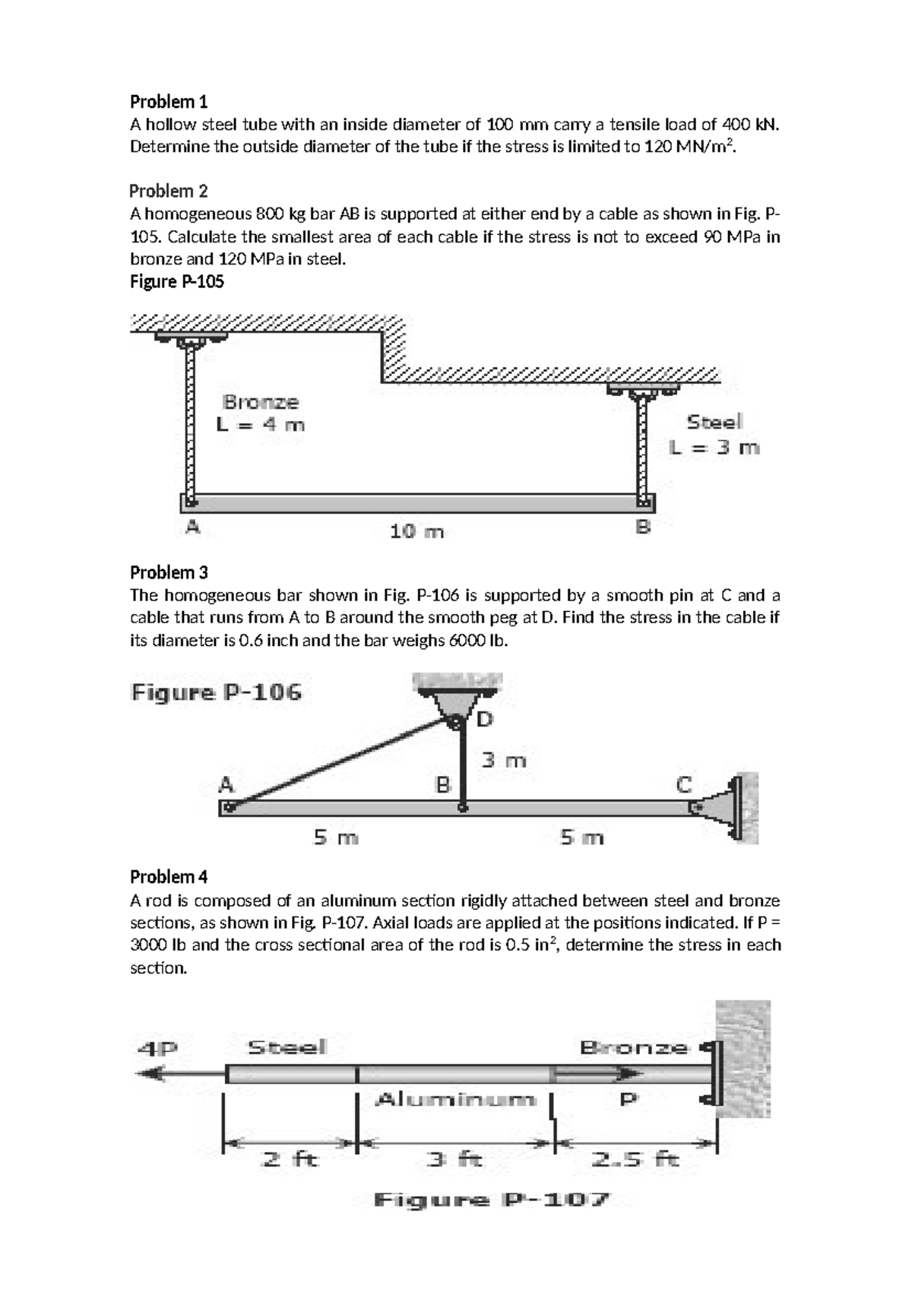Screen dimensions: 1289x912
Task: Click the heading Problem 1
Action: (168, 101)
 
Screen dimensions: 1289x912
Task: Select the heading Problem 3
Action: (168, 572)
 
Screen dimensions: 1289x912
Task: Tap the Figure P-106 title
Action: (216, 692)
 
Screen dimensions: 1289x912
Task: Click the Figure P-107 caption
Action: (492, 1200)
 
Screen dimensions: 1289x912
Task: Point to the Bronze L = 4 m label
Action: (261, 413)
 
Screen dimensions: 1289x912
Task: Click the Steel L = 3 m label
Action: (714, 434)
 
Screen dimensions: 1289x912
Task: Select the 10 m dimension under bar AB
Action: (416, 532)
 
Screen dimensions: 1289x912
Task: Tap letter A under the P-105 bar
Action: (193, 526)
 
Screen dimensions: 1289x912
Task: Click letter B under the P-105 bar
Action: (643, 526)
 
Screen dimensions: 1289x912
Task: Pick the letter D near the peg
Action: (485, 719)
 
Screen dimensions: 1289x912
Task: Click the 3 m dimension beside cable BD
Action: (504, 760)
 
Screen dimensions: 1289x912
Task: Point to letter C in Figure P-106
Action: (684, 784)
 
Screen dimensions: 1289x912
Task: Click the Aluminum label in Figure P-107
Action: (455, 1099)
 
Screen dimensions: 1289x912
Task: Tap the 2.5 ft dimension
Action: (635, 1160)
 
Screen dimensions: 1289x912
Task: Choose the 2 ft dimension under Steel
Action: (290, 1160)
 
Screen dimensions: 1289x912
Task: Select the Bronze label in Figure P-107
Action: (633, 1047)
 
